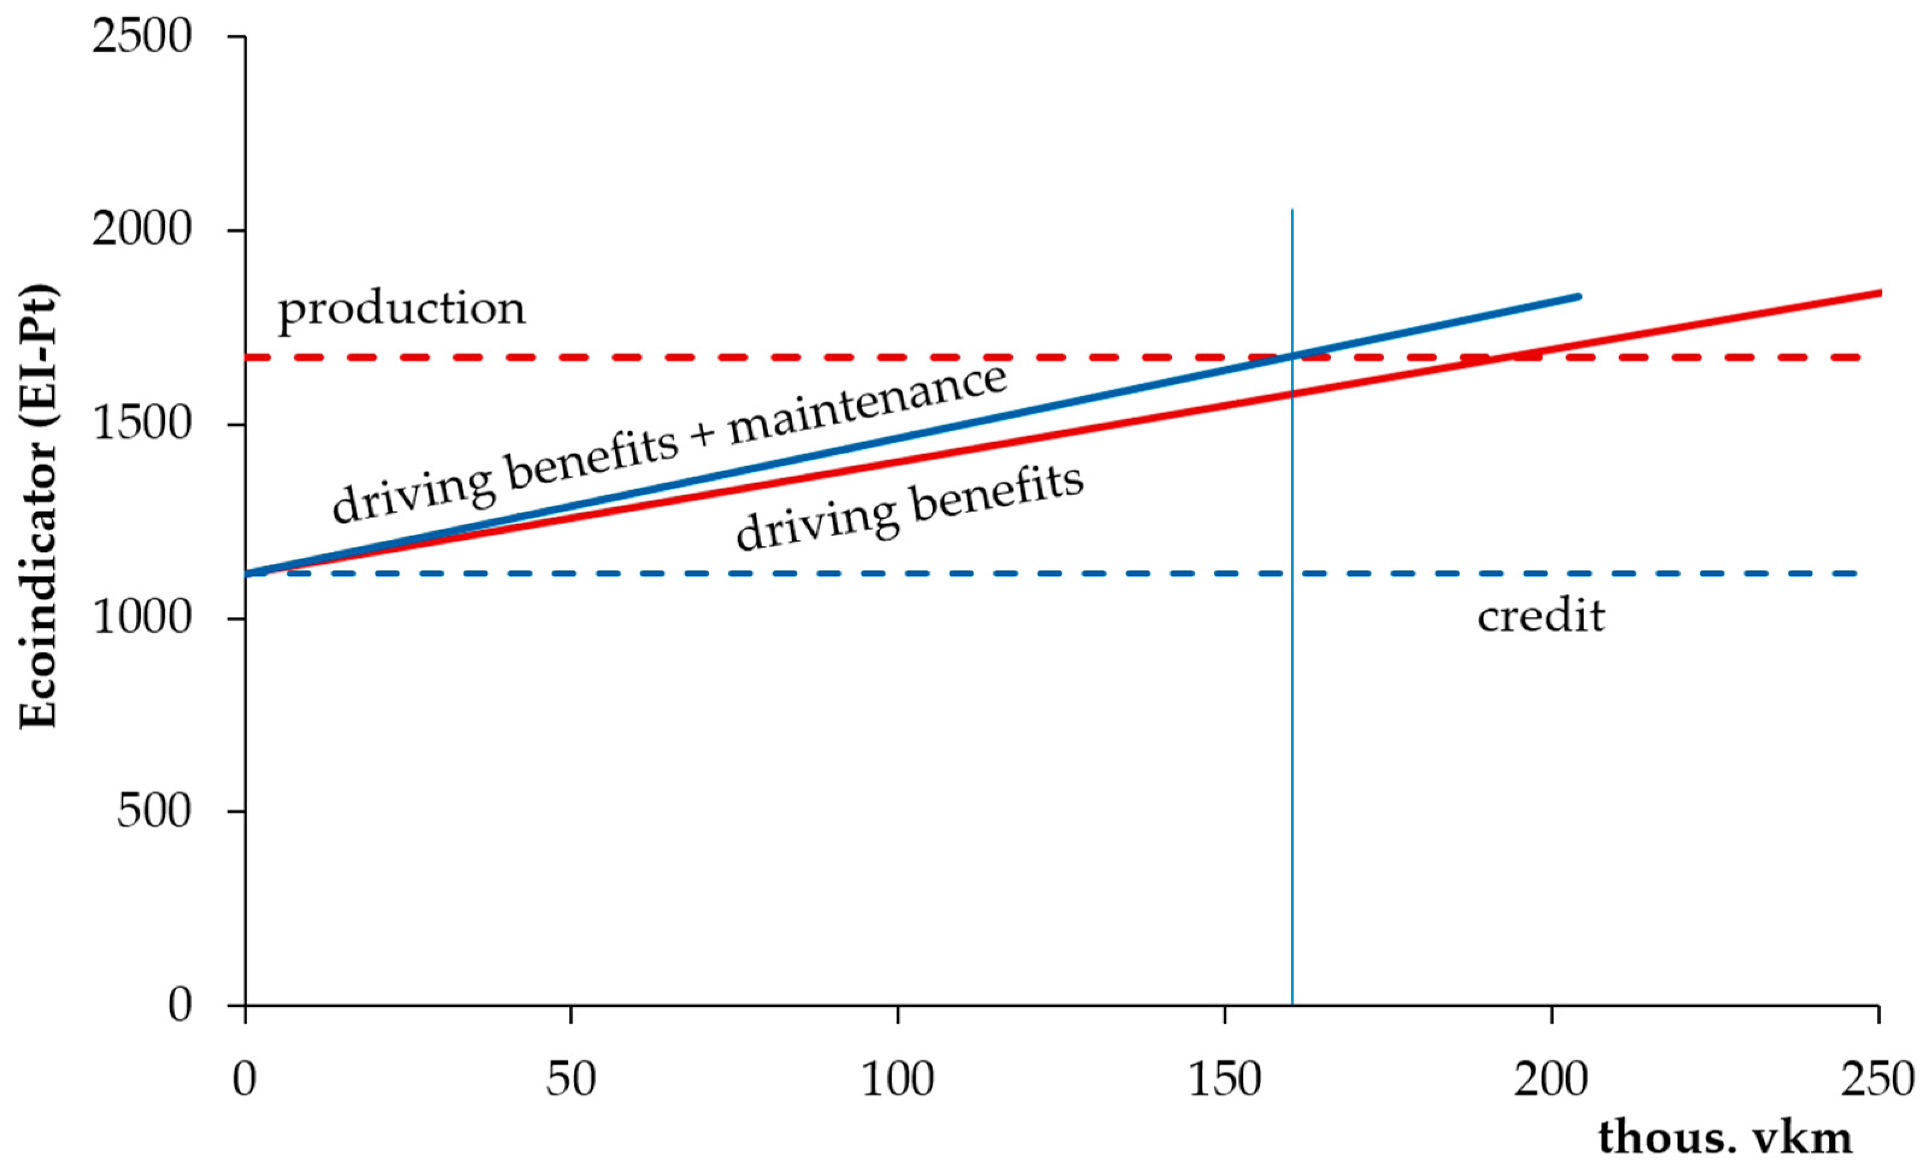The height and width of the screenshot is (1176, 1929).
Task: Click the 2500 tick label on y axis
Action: click(142, 37)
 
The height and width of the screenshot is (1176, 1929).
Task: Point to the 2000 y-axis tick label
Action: click(142, 231)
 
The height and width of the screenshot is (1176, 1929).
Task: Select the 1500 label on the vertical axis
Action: click(142, 425)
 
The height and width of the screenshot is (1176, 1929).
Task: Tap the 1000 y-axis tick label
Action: click(142, 618)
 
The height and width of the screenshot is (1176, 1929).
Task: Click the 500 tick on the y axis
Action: click(154, 811)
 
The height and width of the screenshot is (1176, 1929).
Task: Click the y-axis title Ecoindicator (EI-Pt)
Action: click(37, 507)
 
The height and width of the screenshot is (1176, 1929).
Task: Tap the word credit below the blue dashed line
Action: click(1541, 617)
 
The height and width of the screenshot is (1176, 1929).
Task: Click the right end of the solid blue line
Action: click(1578, 297)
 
